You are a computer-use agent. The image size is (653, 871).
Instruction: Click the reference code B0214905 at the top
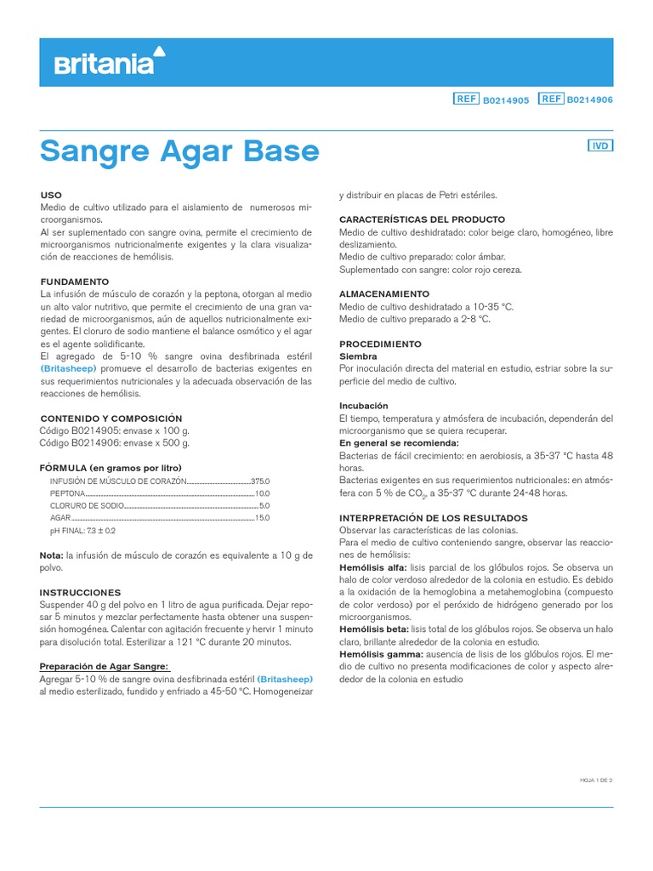tap(506, 100)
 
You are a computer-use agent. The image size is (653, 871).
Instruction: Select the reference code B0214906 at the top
tap(590, 100)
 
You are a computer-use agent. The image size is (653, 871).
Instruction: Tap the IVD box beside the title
tap(600, 145)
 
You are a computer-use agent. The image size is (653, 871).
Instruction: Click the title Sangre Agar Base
tap(179, 151)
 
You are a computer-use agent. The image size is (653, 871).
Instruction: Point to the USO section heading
tap(51, 196)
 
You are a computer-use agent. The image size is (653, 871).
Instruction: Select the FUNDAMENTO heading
tap(75, 281)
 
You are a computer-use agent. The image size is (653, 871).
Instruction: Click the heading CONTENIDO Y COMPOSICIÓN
tap(111, 418)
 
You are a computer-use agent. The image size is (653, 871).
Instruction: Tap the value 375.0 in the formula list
tap(259, 481)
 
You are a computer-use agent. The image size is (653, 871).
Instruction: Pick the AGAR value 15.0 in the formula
tap(262, 517)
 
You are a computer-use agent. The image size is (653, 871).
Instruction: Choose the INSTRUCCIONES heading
tap(81, 592)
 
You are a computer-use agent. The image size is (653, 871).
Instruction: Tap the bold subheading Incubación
tap(364, 406)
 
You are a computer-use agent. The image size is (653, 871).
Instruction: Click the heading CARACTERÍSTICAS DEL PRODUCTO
tap(422, 219)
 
